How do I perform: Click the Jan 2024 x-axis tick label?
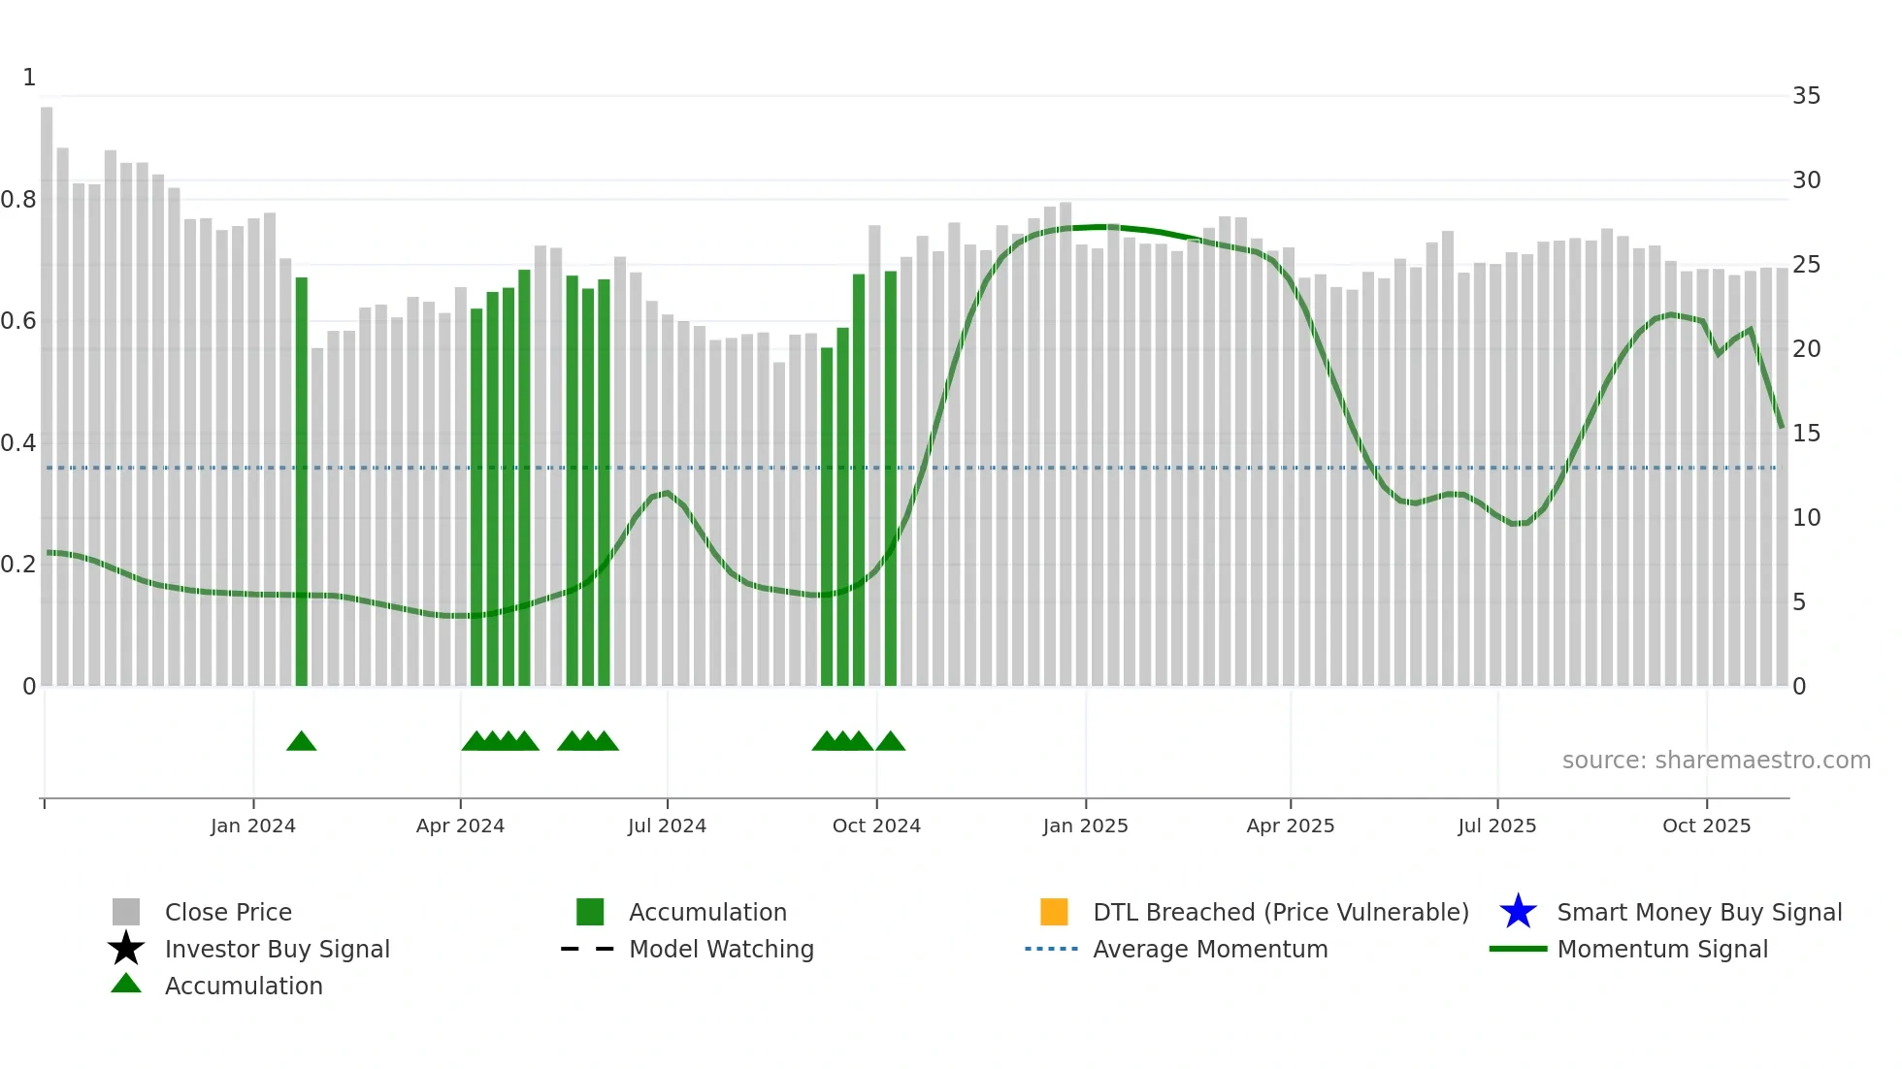[252, 826]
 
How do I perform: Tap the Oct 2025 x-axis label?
[1706, 826]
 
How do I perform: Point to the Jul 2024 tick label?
[667, 826]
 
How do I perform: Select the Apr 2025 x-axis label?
[1290, 826]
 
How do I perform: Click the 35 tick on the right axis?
[1806, 96]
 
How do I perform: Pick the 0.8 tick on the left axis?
[19, 200]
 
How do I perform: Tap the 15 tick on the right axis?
[1806, 434]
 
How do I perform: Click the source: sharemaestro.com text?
[1716, 760]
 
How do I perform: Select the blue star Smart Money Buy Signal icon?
[1518, 912]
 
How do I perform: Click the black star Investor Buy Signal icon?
[126, 949]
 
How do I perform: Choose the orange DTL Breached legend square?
[1054, 912]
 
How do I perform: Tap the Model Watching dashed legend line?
[588, 949]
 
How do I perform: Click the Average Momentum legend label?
[1210, 949]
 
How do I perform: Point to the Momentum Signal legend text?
[1662, 949]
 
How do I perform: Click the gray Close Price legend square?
[126, 912]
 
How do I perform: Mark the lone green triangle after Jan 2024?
[301, 742]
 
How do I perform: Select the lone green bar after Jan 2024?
[301, 485]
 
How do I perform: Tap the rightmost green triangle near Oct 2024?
[890, 742]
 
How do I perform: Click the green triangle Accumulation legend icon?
[126, 984]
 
